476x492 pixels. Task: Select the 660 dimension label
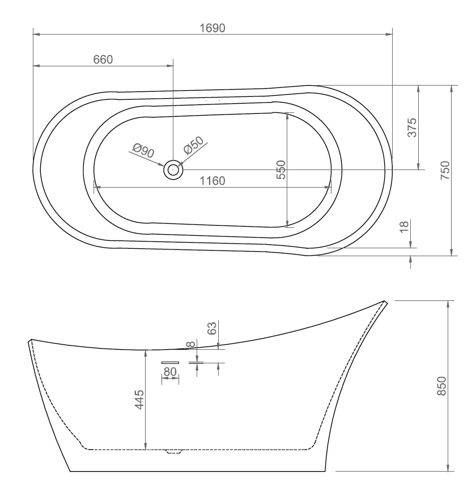(x=103, y=60)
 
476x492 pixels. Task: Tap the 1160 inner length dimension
(x=212, y=181)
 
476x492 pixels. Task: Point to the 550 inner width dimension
(x=280, y=169)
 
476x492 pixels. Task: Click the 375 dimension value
(x=412, y=128)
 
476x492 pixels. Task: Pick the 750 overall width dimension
(x=445, y=170)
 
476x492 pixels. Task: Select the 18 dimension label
(x=404, y=227)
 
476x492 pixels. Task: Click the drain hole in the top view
(x=173, y=169)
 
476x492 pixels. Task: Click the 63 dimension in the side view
(x=211, y=329)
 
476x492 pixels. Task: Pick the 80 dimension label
(x=170, y=372)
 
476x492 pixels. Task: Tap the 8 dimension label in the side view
(x=191, y=343)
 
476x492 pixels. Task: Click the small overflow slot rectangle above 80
(x=170, y=362)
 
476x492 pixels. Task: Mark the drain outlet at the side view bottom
(x=173, y=452)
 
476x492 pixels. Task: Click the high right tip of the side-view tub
(x=385, y=302)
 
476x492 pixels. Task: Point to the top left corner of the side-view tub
(x=29, y=341)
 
